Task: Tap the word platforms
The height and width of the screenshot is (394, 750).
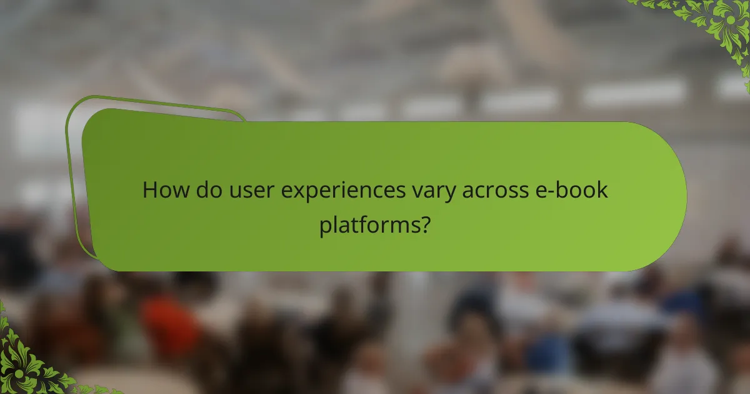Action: [x=367, y=225]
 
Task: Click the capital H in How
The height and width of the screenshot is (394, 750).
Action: [x=149, y=190]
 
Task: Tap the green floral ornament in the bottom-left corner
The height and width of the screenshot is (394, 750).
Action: [x=25, y=363]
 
